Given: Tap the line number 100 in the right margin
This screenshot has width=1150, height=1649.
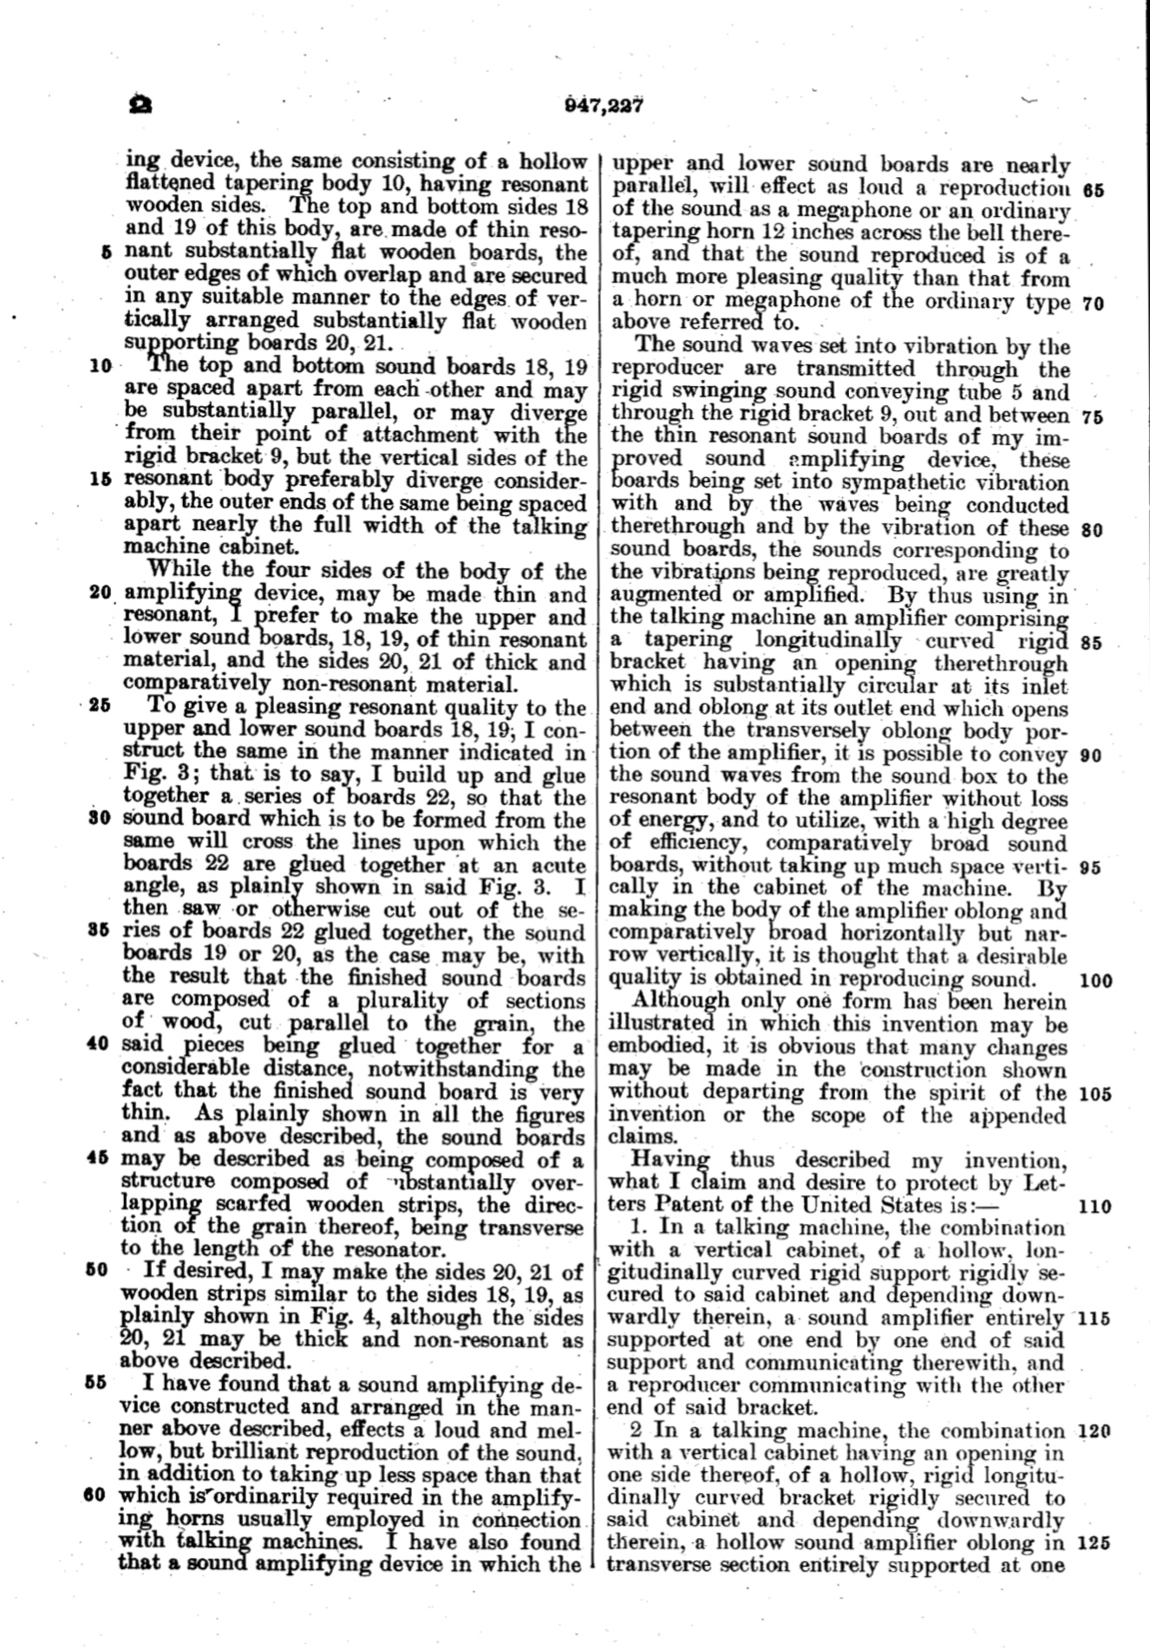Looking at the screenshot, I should [1097, 981].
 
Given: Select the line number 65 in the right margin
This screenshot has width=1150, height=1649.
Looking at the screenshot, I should [1094, 190].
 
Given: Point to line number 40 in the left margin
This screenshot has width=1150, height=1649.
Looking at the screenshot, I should [97, 1044].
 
